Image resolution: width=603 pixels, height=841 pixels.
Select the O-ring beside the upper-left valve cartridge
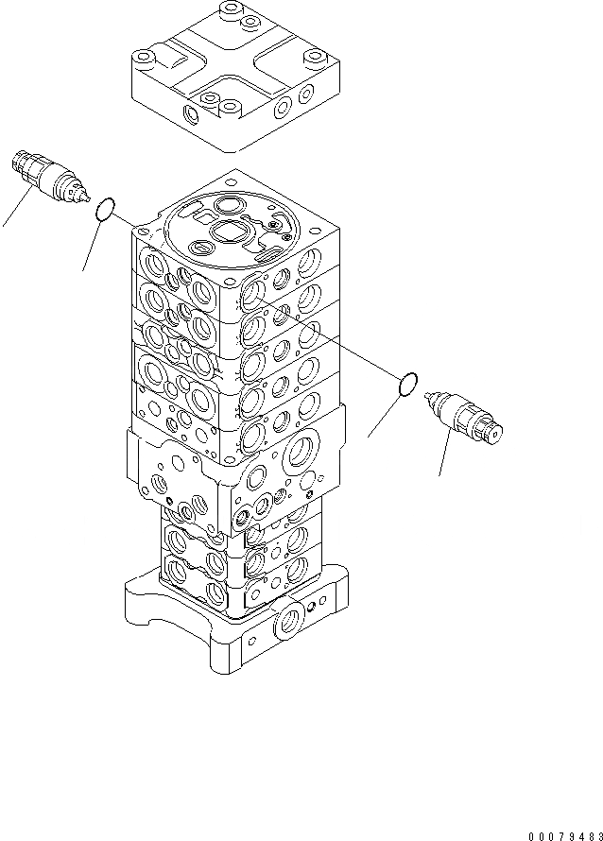107,210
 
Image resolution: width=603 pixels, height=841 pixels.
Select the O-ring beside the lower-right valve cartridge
407,386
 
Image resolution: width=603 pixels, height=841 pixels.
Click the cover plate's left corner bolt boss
145,59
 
